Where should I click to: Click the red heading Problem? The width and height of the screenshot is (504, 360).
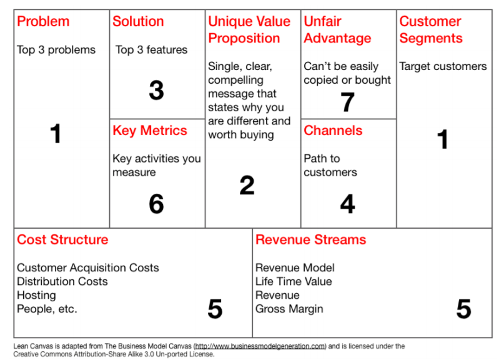43,21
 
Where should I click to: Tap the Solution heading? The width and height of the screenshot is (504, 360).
138,21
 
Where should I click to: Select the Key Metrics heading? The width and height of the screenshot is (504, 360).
150,131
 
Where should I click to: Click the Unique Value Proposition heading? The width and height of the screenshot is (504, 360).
249,30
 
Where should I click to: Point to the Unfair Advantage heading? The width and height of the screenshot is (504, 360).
337,30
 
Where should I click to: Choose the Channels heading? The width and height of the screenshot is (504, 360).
333,131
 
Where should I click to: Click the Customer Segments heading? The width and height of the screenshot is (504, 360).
431,30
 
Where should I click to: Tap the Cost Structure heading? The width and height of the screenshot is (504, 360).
62,239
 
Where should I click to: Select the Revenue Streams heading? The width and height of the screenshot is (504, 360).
311,239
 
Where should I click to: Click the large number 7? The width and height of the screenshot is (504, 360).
347,102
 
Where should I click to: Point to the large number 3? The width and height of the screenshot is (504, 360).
157,90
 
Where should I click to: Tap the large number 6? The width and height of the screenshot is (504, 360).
157,204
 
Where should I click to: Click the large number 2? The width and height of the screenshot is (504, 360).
247,185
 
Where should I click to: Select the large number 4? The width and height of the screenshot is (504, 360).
347,204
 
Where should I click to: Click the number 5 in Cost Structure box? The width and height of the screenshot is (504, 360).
215,309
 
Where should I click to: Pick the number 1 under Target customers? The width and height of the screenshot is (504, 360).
443,139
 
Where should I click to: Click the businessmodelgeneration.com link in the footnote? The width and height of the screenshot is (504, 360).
260,346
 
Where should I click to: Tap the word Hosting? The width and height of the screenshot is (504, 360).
36,296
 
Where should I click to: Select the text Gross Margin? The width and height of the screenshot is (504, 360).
289,309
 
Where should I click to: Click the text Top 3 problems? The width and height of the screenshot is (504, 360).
56,50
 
